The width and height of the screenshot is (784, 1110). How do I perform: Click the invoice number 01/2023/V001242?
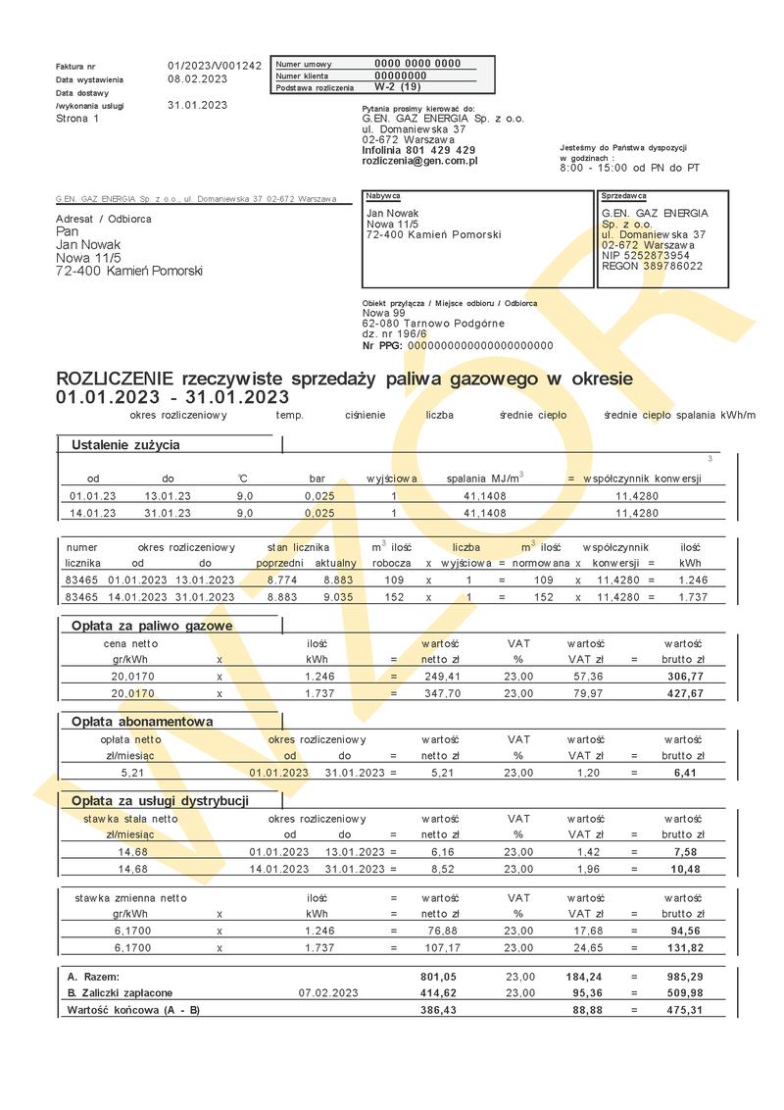coord(214,66)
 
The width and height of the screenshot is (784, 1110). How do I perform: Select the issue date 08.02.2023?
coord(197,78)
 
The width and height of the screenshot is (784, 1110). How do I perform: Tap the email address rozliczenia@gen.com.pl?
coord(419,160)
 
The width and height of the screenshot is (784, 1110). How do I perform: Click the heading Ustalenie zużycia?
coord(125,445)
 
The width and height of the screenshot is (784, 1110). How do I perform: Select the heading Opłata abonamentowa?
coord(142,722)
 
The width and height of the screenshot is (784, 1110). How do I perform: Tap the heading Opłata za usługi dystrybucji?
coord(160,801)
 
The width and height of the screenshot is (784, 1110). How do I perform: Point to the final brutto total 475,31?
coord(684,1009)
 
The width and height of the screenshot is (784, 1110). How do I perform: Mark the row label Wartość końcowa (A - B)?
coord(132,1009)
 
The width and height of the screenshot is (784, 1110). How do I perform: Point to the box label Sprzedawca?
coord(624,196)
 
